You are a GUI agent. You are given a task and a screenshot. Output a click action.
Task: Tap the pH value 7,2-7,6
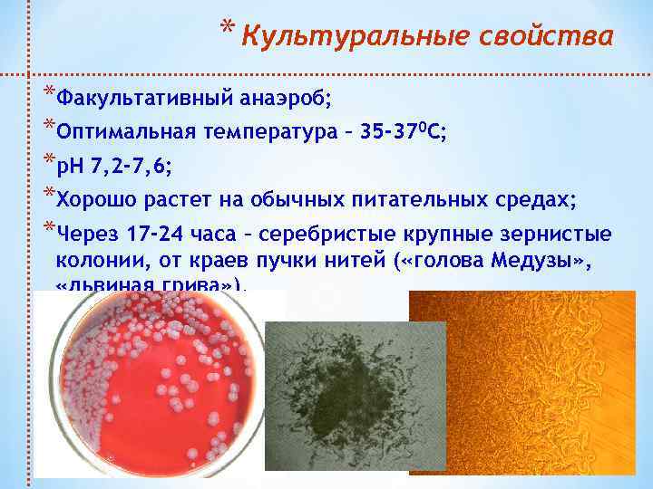point(129,167)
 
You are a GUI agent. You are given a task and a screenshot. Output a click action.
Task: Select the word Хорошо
point(94,200)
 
